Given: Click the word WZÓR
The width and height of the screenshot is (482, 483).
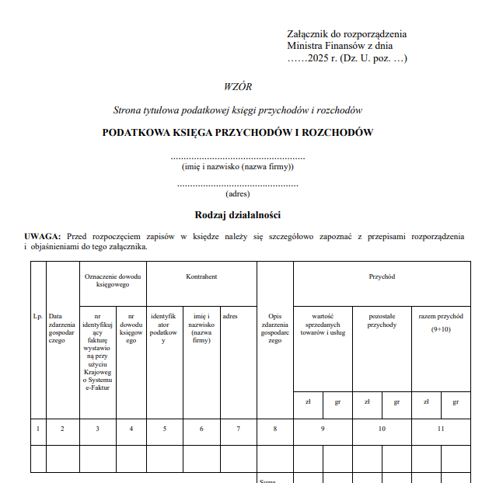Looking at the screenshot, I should (237, 87).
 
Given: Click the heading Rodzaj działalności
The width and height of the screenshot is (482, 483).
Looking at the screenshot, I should (237, 214).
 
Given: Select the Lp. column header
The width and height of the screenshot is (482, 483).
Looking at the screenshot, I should (38, 316).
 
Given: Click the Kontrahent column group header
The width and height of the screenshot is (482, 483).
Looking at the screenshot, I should (201, 276).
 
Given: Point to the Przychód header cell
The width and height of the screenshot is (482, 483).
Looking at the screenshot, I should (382, 276).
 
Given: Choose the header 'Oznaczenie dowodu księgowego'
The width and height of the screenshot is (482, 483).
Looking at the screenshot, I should (113, 280).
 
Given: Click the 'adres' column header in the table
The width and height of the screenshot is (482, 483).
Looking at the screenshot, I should (230, 316).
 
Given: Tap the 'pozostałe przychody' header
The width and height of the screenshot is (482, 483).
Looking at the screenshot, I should (382, 321).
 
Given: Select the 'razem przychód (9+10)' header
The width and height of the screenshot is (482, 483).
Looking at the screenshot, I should (441, 321).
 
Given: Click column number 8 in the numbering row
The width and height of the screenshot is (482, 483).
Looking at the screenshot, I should (274, 429).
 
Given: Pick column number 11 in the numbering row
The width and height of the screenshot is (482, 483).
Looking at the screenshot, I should (441, 429).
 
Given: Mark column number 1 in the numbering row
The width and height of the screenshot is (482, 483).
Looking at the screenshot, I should (38, 429).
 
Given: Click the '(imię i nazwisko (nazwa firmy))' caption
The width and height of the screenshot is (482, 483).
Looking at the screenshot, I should (237, 166).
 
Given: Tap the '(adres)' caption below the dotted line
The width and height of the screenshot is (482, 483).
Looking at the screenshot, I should (237, 194).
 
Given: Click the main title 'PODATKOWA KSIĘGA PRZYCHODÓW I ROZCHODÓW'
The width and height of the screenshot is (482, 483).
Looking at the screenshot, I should (237, 132).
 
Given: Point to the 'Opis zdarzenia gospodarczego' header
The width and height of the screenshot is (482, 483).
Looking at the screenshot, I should (274, 328).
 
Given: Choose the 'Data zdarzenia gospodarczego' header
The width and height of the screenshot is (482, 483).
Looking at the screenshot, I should (62, 328).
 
